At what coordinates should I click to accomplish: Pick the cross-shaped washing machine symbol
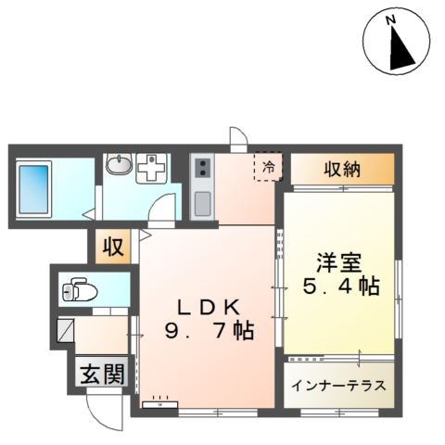coord(149,168)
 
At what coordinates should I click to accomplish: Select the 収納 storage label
coord(342,170)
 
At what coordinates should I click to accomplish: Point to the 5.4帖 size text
coord(340,287)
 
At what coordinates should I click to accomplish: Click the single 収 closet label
coord(112,248)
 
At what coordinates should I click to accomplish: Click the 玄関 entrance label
coord(102,374)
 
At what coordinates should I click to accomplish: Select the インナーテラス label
coord(339,386)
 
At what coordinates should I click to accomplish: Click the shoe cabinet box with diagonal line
coord(66,331)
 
